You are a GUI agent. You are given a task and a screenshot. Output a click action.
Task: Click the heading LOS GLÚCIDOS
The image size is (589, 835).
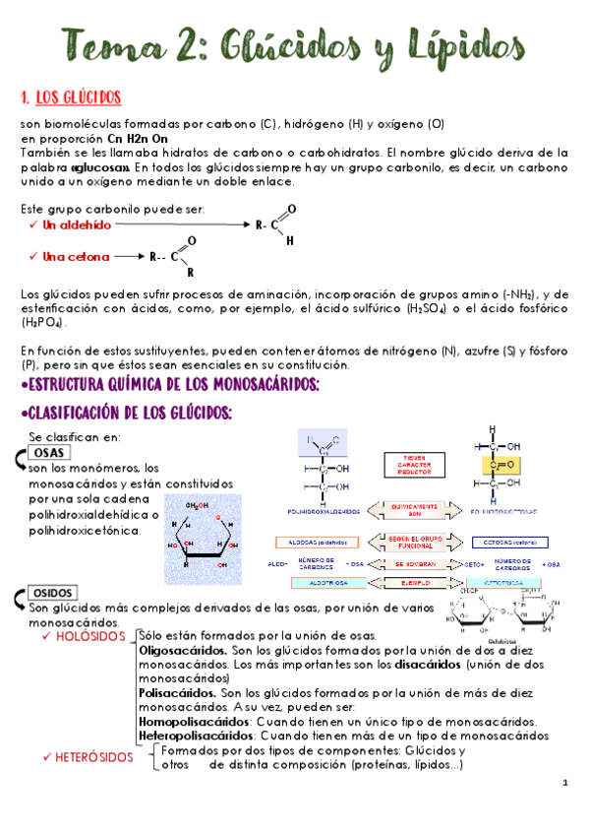pos(78,97)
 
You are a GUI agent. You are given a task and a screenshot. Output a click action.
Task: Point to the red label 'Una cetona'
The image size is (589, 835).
pos(75,257)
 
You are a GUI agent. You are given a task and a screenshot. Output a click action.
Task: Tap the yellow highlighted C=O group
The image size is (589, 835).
pos(499,464)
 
